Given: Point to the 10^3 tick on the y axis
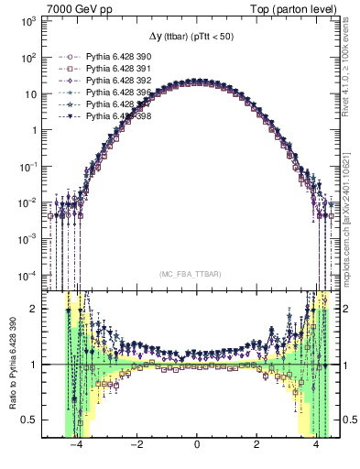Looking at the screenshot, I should coord(27,20).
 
